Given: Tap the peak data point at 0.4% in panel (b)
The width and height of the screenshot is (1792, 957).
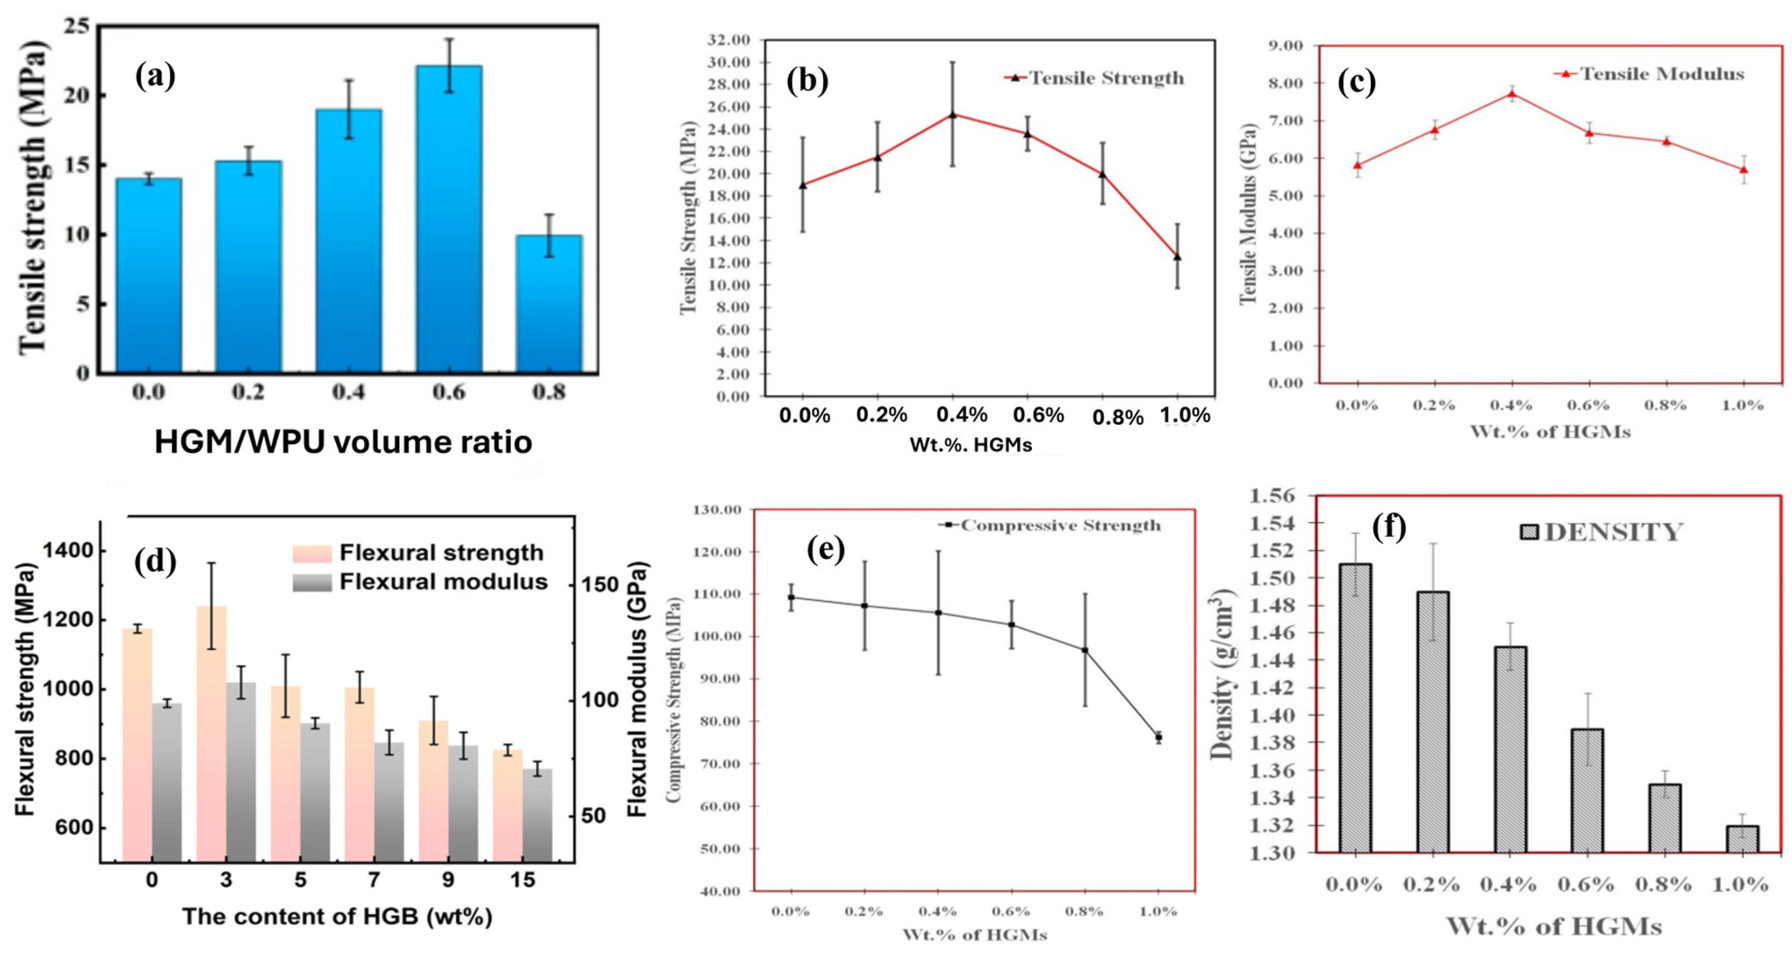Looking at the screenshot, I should pos(952,114).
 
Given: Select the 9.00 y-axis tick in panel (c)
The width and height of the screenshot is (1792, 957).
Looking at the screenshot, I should pos(1284,46).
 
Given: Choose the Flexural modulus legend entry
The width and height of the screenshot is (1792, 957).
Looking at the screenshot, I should pos(420,582).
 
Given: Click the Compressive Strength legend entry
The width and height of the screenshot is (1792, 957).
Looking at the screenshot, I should pos(1050,525).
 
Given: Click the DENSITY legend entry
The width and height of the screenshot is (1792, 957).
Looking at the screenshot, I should pos(1600,532).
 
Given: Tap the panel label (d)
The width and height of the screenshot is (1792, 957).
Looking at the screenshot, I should pos(154,561).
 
